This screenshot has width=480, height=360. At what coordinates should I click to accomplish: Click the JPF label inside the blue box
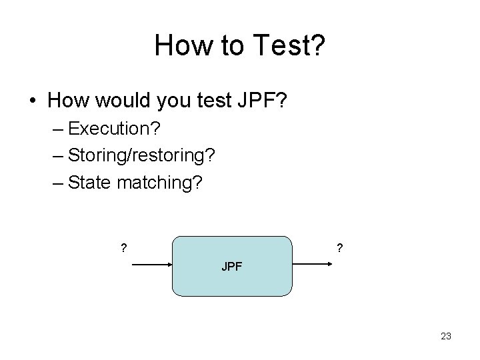(x=232, y=267)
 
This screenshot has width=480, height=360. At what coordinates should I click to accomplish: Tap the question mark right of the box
(x=340, y=249)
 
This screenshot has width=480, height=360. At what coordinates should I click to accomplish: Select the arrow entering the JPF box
(x=153, y=265)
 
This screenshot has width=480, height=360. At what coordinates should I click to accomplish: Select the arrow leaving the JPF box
(x=313, y=265)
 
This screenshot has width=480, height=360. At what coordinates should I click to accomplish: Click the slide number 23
(x=446, y=336)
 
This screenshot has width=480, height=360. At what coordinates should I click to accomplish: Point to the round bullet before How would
(x=33, y=101)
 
